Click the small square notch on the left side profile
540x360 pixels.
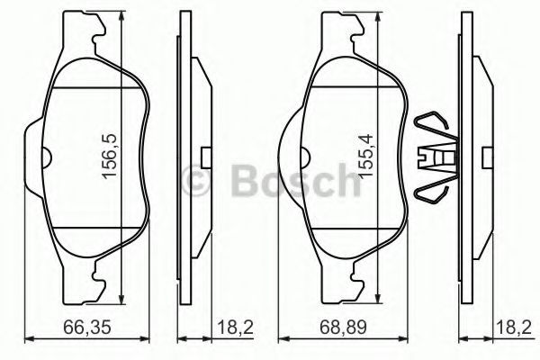click(x=205, y=158)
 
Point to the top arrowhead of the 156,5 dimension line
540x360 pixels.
click(x=121, y=20)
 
